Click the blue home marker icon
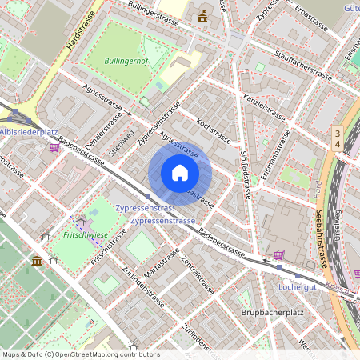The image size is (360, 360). (x=180, y=173)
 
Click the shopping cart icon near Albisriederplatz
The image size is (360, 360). (x=55, y=146)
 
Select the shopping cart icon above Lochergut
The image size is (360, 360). (x=278, y=255)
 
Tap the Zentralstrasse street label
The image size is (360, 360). (x=197, y=275)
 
